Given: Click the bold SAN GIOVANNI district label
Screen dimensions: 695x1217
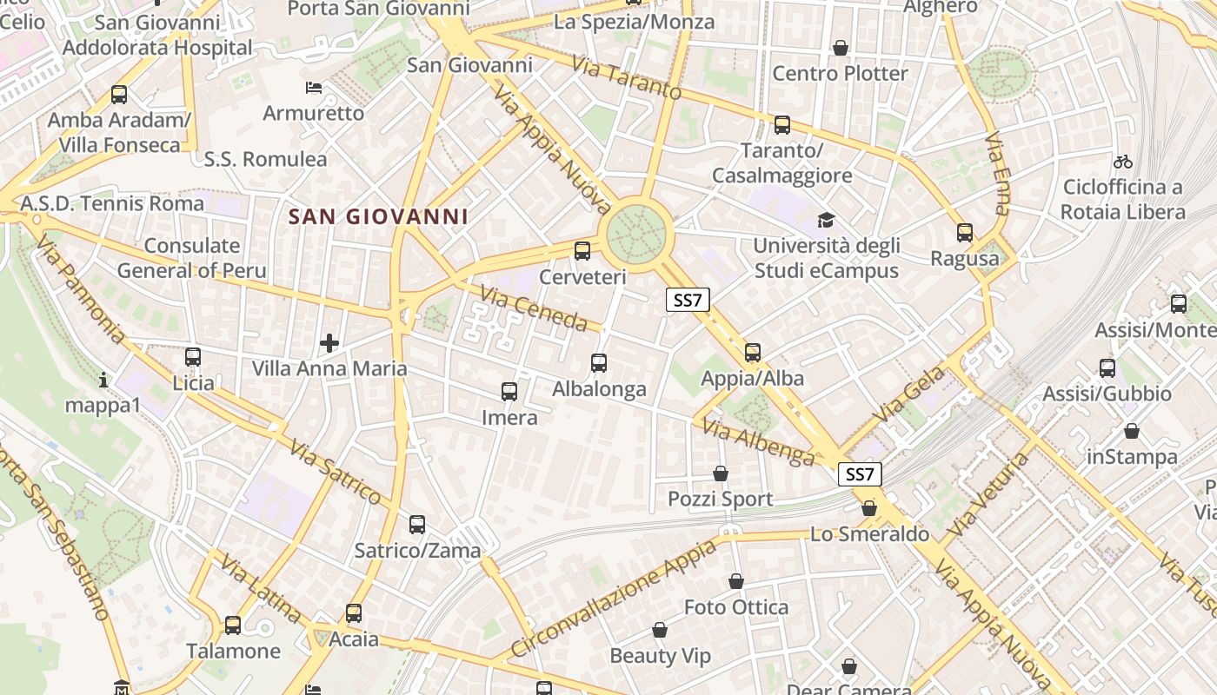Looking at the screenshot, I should (x=378, y=216).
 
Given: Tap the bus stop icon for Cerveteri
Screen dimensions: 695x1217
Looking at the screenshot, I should (x=582, y=251).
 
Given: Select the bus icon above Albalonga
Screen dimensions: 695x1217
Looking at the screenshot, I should (x=599, y=363).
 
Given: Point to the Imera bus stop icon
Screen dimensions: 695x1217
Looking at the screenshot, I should (x=509, y=392).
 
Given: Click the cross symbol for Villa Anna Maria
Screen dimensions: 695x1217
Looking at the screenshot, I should (x=329, y=343).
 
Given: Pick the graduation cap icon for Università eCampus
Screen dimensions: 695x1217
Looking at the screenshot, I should (x=825, y=221).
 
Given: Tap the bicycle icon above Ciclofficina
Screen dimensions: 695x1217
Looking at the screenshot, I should (x=1122, y=162).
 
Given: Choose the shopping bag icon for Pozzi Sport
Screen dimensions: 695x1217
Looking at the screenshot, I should (x=721, y=473).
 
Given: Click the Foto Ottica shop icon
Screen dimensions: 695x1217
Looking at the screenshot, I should (x=736, y=581).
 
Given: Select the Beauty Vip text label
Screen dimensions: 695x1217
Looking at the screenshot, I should (x=660, y=655).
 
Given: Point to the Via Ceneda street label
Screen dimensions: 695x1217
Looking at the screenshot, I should (x=534, y=310).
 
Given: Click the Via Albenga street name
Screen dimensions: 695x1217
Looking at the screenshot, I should (x=758, y=441).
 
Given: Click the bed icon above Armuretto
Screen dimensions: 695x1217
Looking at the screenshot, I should (x=314, y=88).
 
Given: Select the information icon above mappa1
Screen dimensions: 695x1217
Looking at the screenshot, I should (x=103, y=380).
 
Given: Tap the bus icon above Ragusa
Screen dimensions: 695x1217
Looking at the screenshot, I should (x=965, y=233).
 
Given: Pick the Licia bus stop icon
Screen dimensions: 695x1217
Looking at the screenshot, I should (x=193, y=356).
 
